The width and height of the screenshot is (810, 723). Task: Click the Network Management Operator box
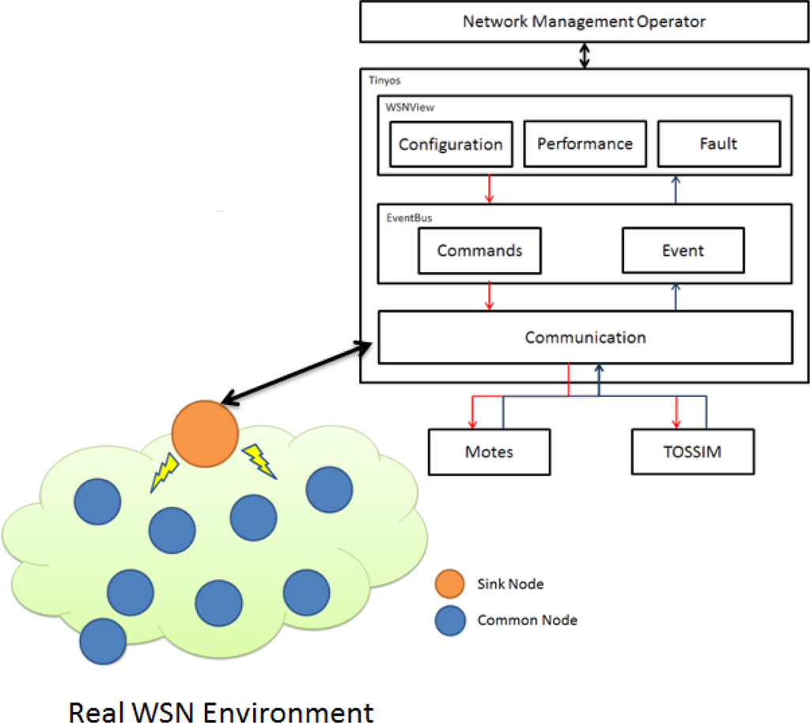(584, 21)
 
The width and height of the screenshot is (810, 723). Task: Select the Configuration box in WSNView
(450, 144)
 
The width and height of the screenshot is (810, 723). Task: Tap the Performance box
(585, 143)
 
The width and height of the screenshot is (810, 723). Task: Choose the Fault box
(717, 143)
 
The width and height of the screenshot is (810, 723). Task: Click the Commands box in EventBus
(479, 250)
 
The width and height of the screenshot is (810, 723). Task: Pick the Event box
(683, 250)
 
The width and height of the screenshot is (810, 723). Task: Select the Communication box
(585, 337)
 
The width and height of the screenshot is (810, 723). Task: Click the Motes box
(489, 452)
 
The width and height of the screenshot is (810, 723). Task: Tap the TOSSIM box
(692, 452)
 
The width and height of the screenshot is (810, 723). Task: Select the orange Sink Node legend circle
(450, 585)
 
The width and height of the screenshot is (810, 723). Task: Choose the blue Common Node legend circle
(450, 621)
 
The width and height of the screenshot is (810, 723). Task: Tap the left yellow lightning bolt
(165, 474)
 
